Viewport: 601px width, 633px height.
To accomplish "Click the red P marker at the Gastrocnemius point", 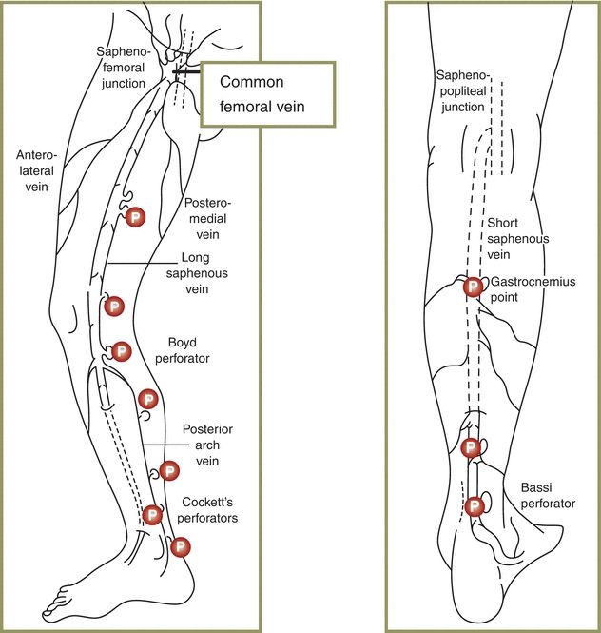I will coord(473,287).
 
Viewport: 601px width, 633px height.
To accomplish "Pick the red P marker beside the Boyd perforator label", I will coord(121,351).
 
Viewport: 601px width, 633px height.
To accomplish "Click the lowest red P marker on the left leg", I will coord(180,547).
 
